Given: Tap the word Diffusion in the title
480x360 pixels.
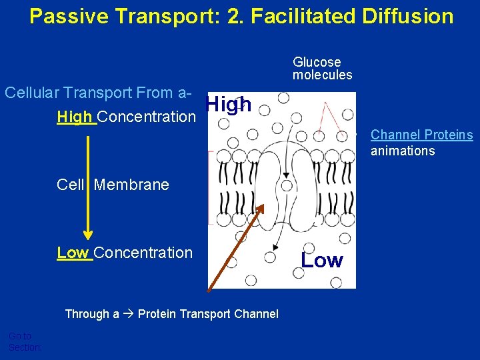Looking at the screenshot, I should tap(407, 15).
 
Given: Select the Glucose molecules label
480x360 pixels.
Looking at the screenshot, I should tap(322, 69).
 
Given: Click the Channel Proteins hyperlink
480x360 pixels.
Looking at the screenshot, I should tap(421, 135).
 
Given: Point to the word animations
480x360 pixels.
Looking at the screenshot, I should tap(403, 151).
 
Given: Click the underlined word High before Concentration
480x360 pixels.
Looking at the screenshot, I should tap(75, 117).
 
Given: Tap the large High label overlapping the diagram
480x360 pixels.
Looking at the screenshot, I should tap(229, 104).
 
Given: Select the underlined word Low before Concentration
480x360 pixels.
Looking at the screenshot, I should tap(73, 253).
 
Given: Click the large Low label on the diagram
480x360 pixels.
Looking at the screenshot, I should tap(322, 260).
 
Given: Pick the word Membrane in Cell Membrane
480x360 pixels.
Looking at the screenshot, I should tap(131, 185).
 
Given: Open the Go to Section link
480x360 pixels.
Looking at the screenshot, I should tap(23, 341).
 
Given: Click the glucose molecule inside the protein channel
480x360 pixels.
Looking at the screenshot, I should tap(287, 186).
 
